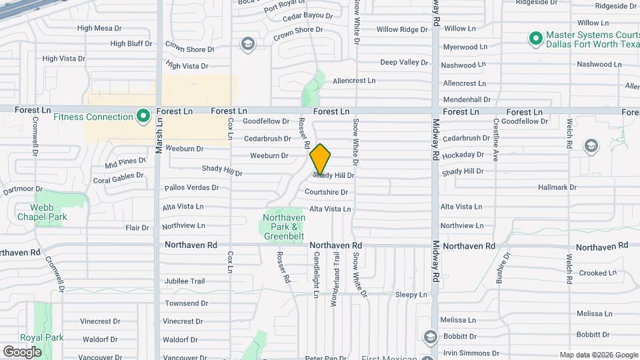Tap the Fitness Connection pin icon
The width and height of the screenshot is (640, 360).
pyautogui.click(x=143, y=117)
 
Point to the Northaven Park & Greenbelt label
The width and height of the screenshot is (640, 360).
pyautogui.click(x=284, y=227)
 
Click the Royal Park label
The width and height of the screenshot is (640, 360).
pyautogui.click(x=42, y=337)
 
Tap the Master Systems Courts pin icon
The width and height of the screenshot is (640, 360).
pyautogui.click(x=535, y=39)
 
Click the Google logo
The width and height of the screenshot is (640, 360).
pyautogui.click(x=22, y=351)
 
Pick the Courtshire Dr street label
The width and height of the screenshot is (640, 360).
pyautogui.click(x=326, y=192)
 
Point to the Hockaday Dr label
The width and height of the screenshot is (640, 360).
pyautogui.click(x=463, y=155)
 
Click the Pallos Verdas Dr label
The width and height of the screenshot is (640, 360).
pyautogui.click(x=191, y=188)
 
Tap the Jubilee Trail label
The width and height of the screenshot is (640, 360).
pyautogui.click(x=185, y=281)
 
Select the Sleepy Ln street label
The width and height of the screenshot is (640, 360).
pyautogui.click(x=411, y=294)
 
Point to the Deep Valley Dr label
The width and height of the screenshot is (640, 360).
pyautogui.click(x=404, y=62)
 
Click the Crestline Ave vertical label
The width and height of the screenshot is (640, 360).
pyautogui.click(x=495, y=140)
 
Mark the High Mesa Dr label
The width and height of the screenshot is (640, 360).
pyautogui.click(x=99, y=28)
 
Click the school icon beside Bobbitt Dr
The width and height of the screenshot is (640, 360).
pyautogui.click(x=429, y=335)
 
